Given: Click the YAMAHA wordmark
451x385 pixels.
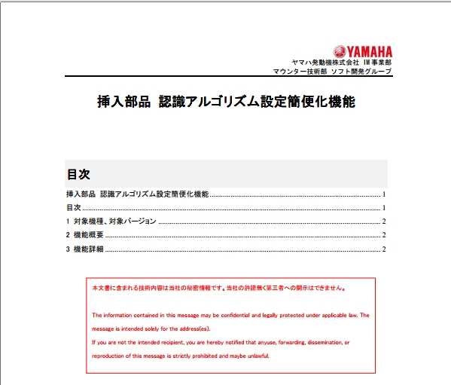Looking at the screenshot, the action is [369, 50].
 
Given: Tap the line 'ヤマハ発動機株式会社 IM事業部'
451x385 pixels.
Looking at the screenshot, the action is [342, 62].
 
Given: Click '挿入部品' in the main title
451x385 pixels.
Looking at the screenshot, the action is [123, 100].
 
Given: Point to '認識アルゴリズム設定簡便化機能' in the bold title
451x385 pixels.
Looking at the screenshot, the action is [257, 100].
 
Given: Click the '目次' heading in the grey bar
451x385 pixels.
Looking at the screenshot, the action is [78, 174].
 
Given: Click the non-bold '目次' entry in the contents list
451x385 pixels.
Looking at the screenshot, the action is [73, 207].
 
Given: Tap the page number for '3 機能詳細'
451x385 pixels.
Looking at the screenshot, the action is [384, 249].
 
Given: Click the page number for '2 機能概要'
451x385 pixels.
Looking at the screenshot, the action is [384, 235].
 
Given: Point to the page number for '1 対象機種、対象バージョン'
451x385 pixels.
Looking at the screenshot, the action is [384, 222].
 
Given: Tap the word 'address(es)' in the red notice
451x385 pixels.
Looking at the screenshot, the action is [195, 328].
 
